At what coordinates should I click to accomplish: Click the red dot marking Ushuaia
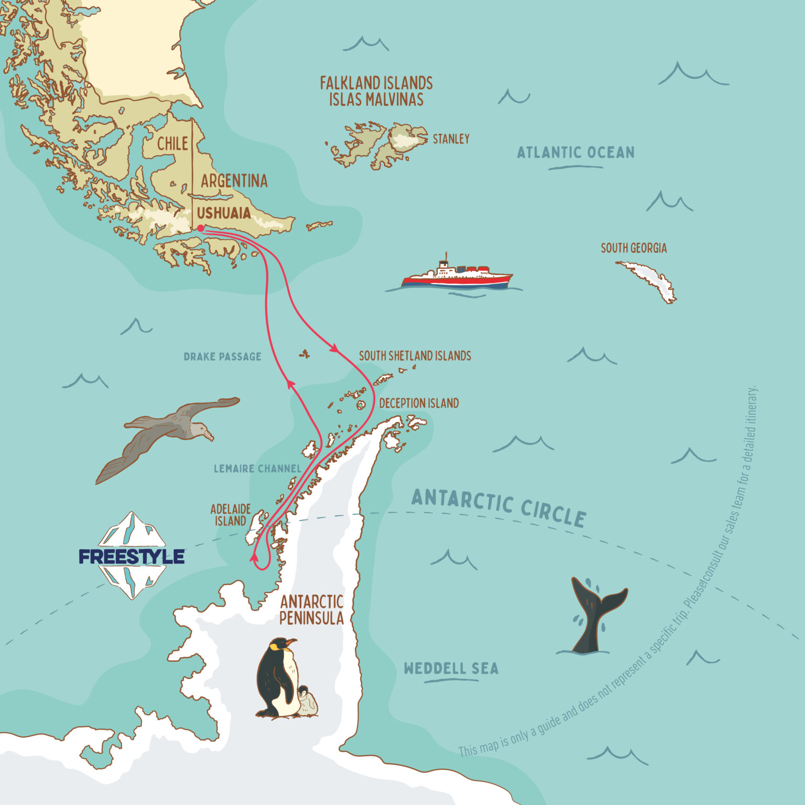click(x=201, y=228)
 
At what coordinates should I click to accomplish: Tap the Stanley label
click(x=451, y=139)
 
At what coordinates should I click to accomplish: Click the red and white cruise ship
click(x=456, y=276)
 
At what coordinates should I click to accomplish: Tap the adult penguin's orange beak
click(x=290, y=643)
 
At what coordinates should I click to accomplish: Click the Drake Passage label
click(x=222, y=357)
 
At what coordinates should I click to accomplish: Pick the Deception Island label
click(x=419, y=403)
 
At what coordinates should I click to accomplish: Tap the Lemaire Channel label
click(x=257, y=469)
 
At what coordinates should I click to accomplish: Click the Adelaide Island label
click(x=231, y=515)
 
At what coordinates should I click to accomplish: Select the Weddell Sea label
click(x=451, y=669)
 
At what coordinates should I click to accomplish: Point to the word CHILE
click(x=172, y=144)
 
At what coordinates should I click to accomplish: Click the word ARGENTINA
click(x=234, y=181)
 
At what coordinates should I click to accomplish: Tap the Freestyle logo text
click(x=132, y=557)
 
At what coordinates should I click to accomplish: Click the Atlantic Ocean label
click(x=575, y=153)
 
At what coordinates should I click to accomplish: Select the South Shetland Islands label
click(x=415, y=356)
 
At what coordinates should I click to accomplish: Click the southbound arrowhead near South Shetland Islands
click(x=333, y=347)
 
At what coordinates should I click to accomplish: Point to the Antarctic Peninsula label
click(x=311, y=610)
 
